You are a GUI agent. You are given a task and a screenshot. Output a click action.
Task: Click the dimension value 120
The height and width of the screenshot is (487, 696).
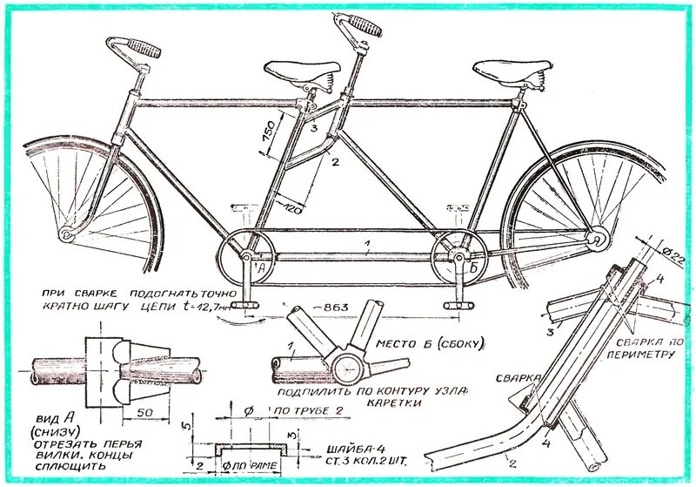[290, 207]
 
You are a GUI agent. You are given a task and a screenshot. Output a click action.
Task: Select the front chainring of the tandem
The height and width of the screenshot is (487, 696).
[245, 256]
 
